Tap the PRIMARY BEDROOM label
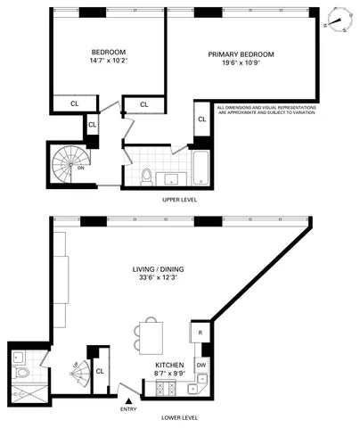pyautogui.click(x=241, y=54)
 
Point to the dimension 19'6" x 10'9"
pyautogui.click(x=241, y=65)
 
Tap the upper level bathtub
pyautogui.click(x=201, y=168)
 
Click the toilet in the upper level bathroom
pyautogui.click(x=147, y=174)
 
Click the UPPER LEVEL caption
pyautogui.click(x=179, y=200)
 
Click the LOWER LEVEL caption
pyautogui.click(x=179, y=416)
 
